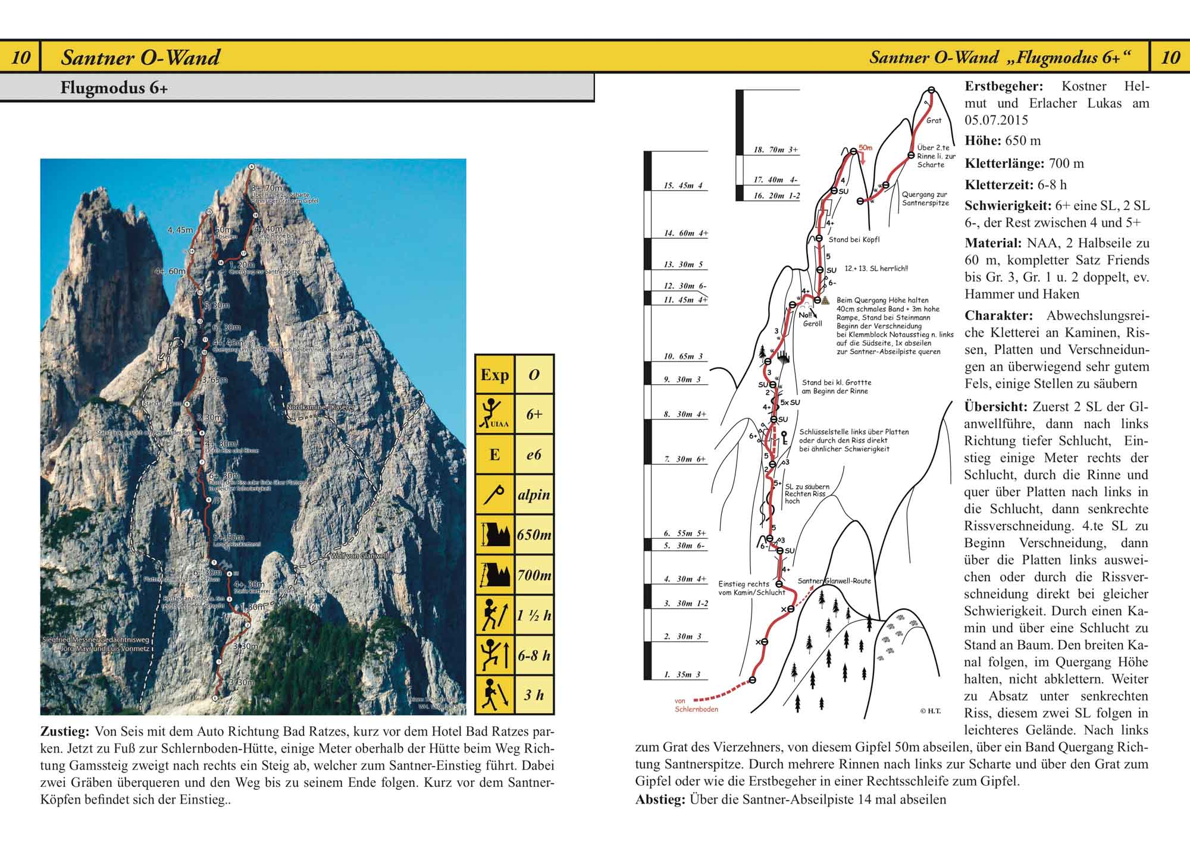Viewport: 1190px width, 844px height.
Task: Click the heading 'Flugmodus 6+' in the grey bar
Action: point(114,88)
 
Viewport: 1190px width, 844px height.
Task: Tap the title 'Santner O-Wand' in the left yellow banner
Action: point(140,57)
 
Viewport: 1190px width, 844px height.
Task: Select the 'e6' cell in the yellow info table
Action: point(534,455)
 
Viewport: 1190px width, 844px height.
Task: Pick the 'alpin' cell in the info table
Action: point(534,495)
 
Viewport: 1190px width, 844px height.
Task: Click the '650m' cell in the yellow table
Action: point(534,535)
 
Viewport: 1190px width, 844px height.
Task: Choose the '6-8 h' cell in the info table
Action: point(534,655)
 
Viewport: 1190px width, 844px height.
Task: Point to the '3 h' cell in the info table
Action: point(534,695)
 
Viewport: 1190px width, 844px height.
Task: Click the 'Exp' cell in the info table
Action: point(494,375)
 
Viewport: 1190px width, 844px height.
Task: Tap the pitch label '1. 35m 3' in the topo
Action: point(682,674)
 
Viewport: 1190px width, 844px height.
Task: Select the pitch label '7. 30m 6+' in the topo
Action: point(685,459)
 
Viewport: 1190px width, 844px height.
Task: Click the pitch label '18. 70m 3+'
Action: point(776,150)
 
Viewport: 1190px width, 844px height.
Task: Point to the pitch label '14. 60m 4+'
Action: point(685,233)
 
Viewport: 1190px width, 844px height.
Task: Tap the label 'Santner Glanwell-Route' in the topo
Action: point(834,581)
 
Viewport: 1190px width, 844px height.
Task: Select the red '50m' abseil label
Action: point(865,148)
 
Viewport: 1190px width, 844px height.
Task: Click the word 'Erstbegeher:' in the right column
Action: point(1003,86)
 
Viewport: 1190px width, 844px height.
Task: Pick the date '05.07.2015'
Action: point(996,120)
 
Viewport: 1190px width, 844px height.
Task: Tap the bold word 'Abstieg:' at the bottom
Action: point(660,799)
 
